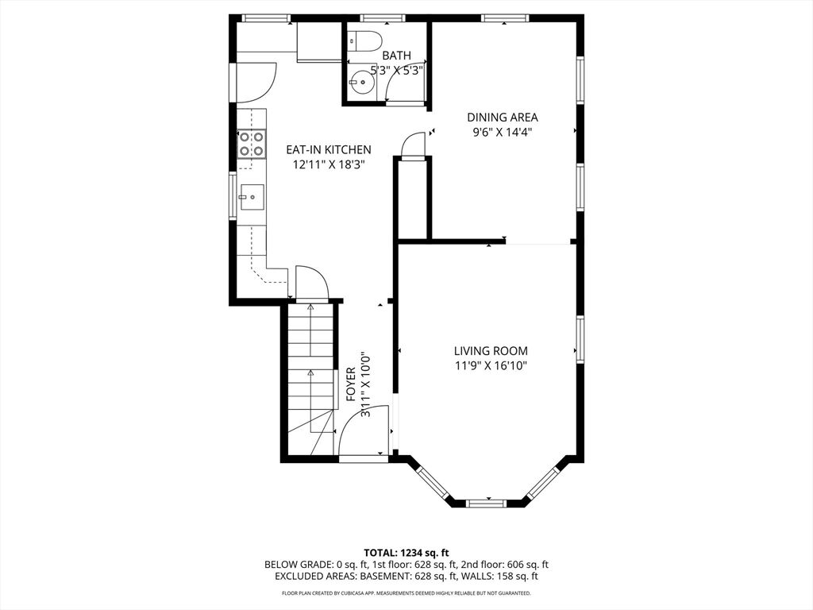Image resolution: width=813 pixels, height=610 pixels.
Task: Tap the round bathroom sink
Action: (360, 82)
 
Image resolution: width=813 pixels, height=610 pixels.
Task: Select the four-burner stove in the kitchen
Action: (252, 144)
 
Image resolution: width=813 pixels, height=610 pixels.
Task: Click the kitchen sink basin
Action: (252, 198)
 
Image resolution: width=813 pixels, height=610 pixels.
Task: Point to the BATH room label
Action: (397, 55)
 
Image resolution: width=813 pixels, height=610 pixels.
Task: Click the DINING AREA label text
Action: (503, 118)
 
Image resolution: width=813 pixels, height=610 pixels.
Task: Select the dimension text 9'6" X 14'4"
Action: (503, 133)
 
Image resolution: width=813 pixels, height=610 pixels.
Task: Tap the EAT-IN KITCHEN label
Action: (329, 150)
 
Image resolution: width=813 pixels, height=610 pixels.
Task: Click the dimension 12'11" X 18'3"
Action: (329, 165)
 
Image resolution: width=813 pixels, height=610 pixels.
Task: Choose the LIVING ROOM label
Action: (491, 351)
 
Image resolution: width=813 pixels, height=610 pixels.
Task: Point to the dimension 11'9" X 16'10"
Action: (491, 366)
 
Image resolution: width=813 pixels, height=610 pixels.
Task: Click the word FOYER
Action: (351, 384)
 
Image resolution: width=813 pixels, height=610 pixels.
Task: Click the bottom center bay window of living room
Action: (487, 503)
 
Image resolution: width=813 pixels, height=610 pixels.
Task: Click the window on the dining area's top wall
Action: (505, 19)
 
